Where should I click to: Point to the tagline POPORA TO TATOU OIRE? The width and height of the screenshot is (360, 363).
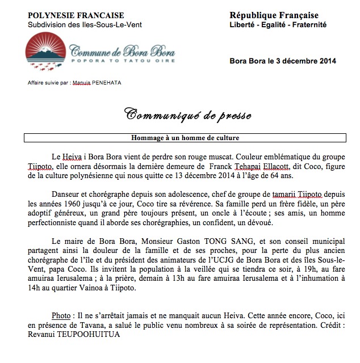[122, 60]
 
